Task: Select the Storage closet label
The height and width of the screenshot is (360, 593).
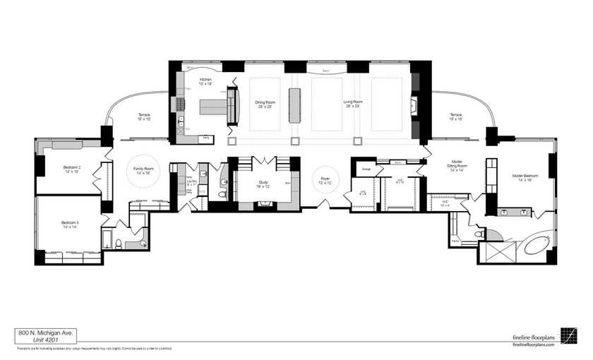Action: click(x=366, y=169)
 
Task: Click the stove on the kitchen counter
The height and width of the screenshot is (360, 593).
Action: click(x=181, y=106)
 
